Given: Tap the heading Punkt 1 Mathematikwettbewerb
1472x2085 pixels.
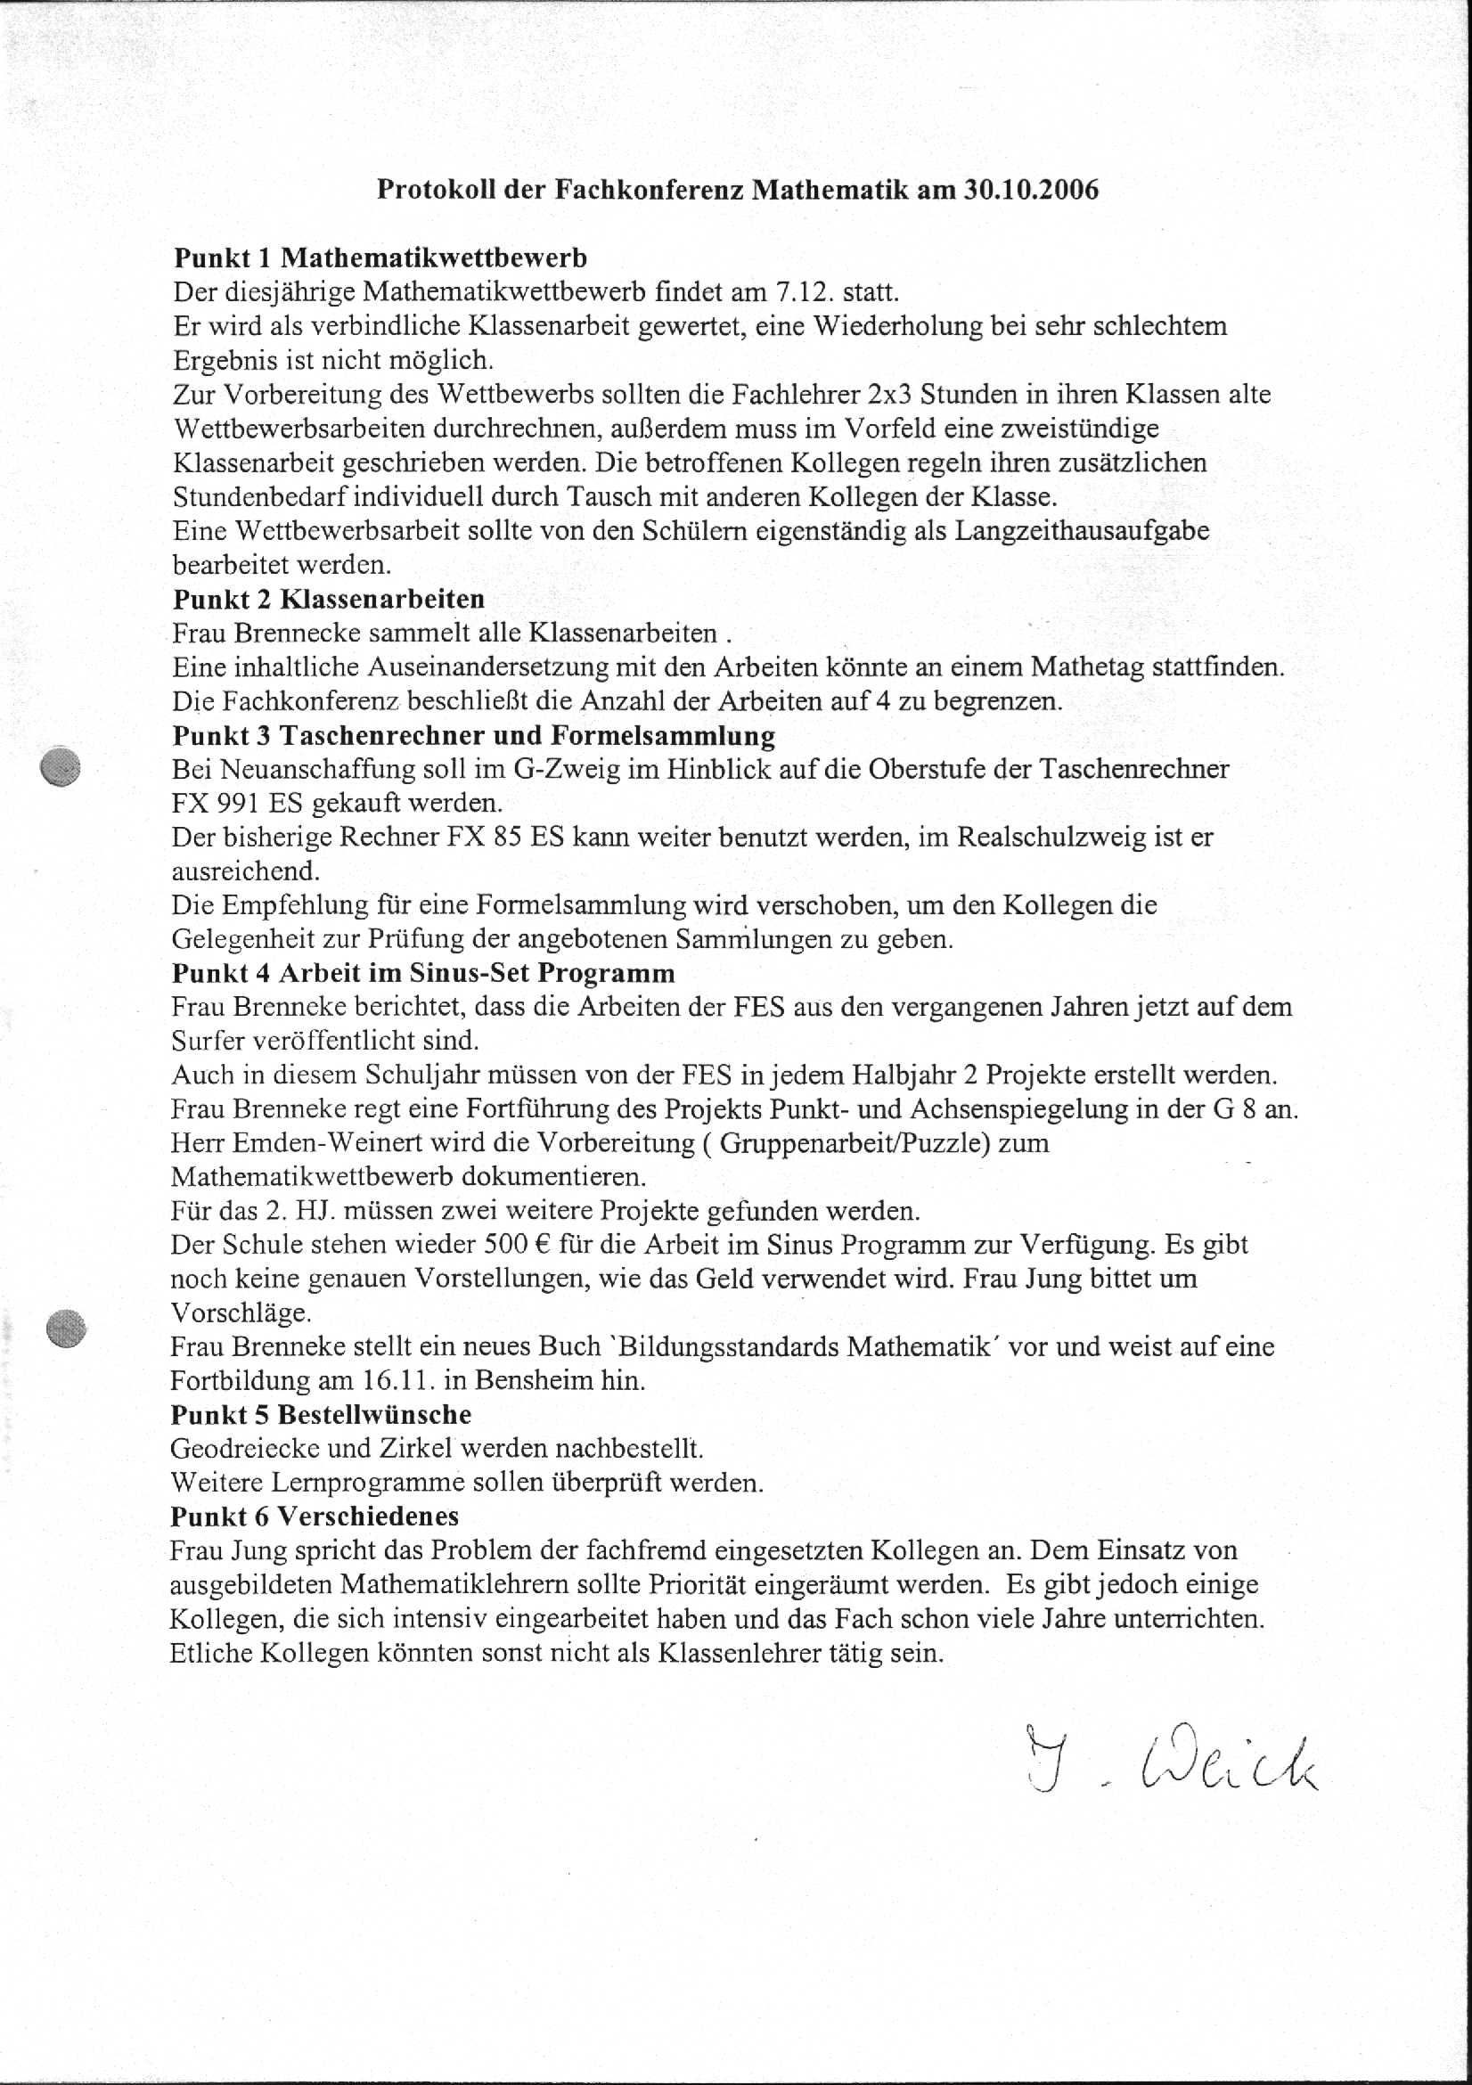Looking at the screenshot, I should coord(380,258).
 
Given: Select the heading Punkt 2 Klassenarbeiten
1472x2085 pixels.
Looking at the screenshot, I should coord(329,600).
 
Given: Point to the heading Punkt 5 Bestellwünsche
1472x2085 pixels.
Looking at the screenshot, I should coord(321,1414).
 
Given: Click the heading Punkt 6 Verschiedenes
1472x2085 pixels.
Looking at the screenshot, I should coord(315,1516).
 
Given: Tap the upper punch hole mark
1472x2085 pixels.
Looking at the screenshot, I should coord(61,767).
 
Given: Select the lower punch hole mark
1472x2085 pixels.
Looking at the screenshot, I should coord(65,1329).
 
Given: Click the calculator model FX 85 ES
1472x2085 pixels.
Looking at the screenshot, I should coord(505,838).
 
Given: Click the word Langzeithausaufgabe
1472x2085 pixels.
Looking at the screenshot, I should coord(1082,531).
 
